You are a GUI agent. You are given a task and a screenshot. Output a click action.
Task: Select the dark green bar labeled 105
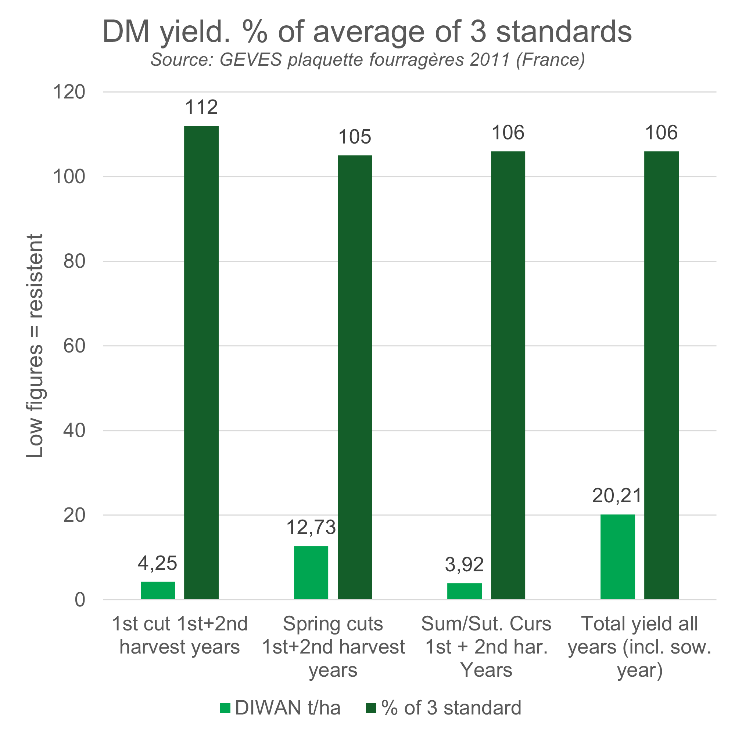[x=355, y=377]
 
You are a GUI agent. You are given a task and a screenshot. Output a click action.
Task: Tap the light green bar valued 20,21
[x=617, y=557]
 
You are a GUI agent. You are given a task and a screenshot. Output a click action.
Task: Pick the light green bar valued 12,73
[x=311, y=572]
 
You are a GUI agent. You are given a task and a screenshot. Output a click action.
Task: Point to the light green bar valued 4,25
[x=158, y=590]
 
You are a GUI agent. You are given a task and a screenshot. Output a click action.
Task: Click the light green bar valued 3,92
[x=464, y=591]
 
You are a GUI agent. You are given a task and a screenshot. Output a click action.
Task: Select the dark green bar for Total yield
[x=661, y=375]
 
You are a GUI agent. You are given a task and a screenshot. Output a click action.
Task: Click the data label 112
[x=201, y=107]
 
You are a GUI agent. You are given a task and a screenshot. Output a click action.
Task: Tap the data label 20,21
[x=617, y=496]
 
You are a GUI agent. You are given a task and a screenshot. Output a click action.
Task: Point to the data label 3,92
[x=464, y=565]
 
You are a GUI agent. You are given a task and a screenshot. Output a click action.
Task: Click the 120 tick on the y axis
[x=69, y=92]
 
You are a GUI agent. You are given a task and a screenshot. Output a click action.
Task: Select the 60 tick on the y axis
[x=74, y=346]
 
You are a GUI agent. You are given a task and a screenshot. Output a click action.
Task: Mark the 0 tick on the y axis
[x=80, y=600]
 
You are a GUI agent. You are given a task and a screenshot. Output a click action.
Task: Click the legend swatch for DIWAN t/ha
[x=225, y=708]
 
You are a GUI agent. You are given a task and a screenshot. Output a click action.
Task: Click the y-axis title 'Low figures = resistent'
[x=35, y=346]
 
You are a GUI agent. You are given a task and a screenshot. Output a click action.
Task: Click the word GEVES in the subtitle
[x=251, y=60]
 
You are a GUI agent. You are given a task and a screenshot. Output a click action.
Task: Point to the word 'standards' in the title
[x=564, y=32]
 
